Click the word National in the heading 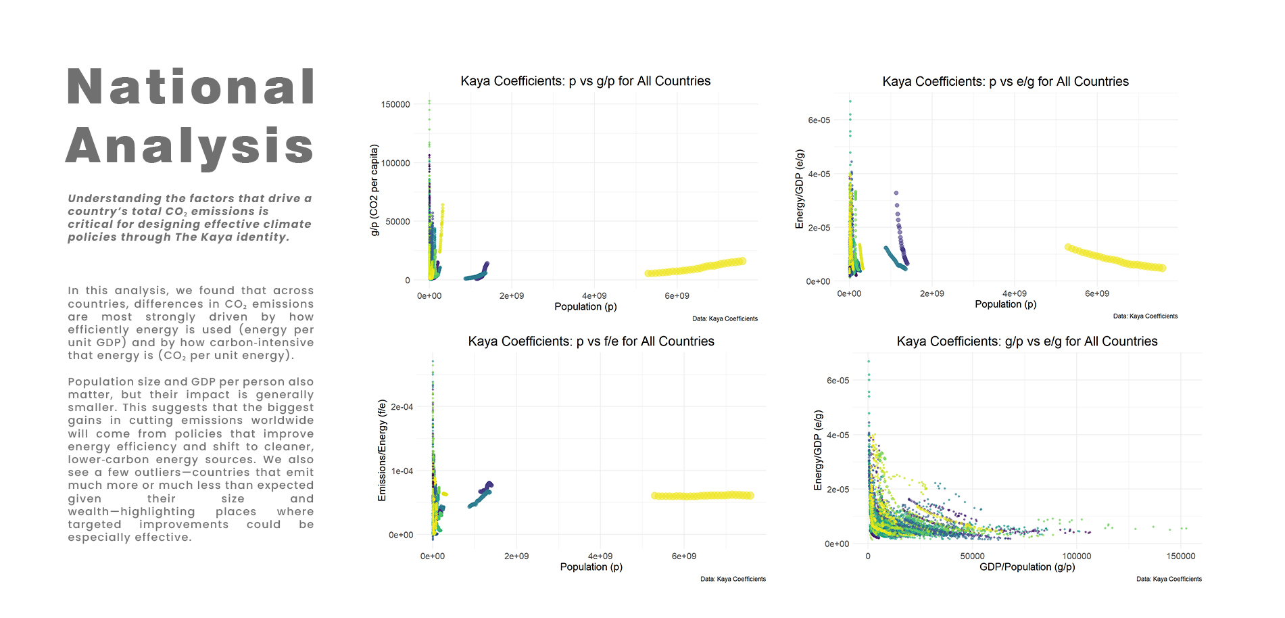191,87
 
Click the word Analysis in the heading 191,146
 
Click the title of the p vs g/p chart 585,81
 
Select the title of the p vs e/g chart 1005,82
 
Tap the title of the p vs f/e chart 591,341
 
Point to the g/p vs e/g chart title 1027,341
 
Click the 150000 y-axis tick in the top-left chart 395,104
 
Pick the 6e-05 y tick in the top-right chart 819,120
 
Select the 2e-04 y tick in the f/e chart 402,407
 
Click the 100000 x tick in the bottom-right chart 1076,556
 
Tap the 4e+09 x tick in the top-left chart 594,295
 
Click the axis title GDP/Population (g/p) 1027,567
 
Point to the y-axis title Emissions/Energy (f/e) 382,450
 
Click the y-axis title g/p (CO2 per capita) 374,190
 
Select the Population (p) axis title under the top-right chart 1005,304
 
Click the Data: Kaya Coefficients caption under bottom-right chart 1169,579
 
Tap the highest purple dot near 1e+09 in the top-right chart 896,193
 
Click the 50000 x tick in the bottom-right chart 972,556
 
